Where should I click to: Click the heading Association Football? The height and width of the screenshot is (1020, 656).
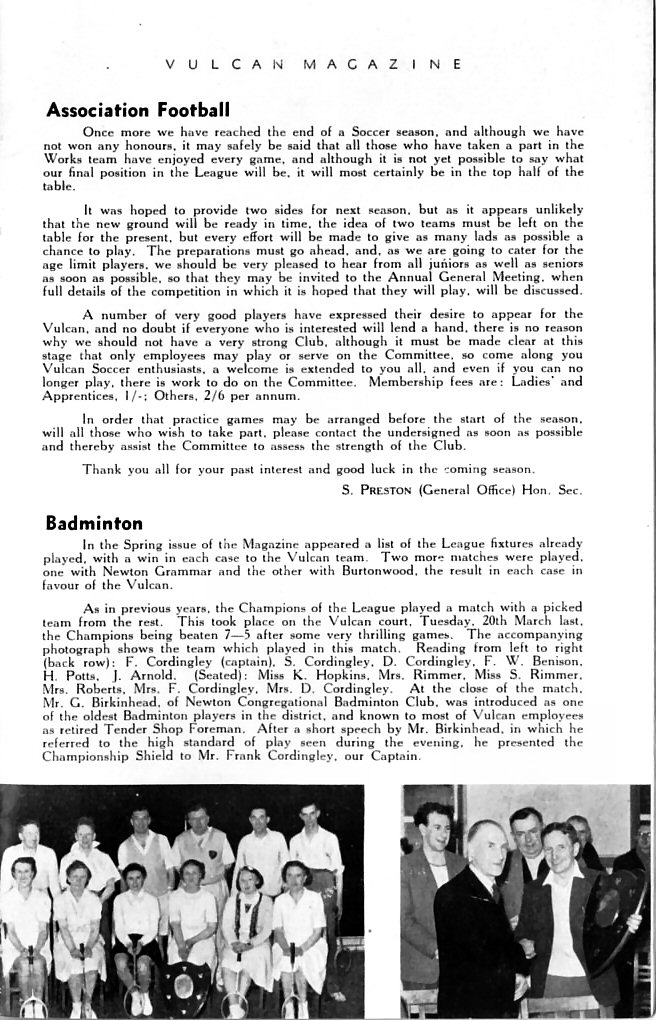click(x=138, y=109)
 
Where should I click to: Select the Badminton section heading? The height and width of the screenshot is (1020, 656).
click(x=94, y=522)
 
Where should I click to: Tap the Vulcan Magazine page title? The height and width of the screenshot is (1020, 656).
click(x=313, y=63)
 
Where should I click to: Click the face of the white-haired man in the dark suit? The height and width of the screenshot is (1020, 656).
click(x=486, y=846)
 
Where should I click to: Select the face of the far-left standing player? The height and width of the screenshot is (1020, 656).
click(x=28, y=832)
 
